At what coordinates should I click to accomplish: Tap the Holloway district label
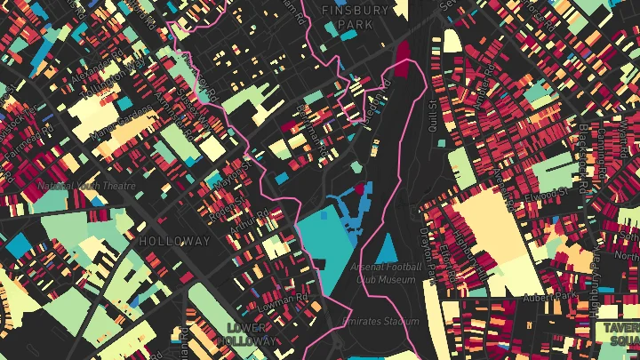(x=175, y=241)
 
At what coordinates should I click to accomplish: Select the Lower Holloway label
(x=245, y=334)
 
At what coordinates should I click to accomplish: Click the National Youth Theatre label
(x=86, y=187)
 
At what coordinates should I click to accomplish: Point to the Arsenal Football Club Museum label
(x=386, y=274)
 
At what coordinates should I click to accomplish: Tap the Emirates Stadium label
(x=380, y=321)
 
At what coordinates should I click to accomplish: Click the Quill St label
(x=435, y=114)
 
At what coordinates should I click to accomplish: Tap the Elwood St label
(x=545, y=193)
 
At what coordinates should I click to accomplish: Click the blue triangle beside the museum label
(x=388, y=248)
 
